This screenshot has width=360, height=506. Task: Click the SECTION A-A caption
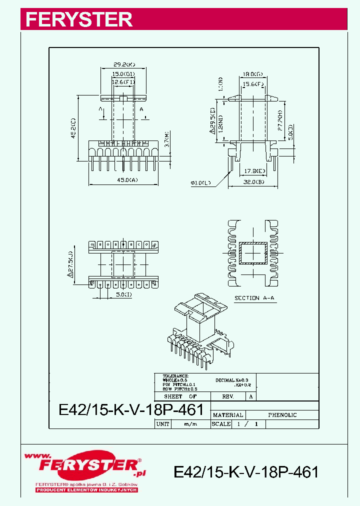coord(254,298)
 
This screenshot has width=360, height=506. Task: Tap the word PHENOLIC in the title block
coord(282,415)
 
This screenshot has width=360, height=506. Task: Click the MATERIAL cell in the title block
coord(228,415)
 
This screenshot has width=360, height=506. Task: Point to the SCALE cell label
coord(221,424)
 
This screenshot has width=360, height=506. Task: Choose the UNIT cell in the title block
coord(163,424)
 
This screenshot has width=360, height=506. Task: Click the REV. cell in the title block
coord(228,396)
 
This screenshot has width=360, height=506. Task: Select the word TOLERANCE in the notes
coord(175,375)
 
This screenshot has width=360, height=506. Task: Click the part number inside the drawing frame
coord(131,410)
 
